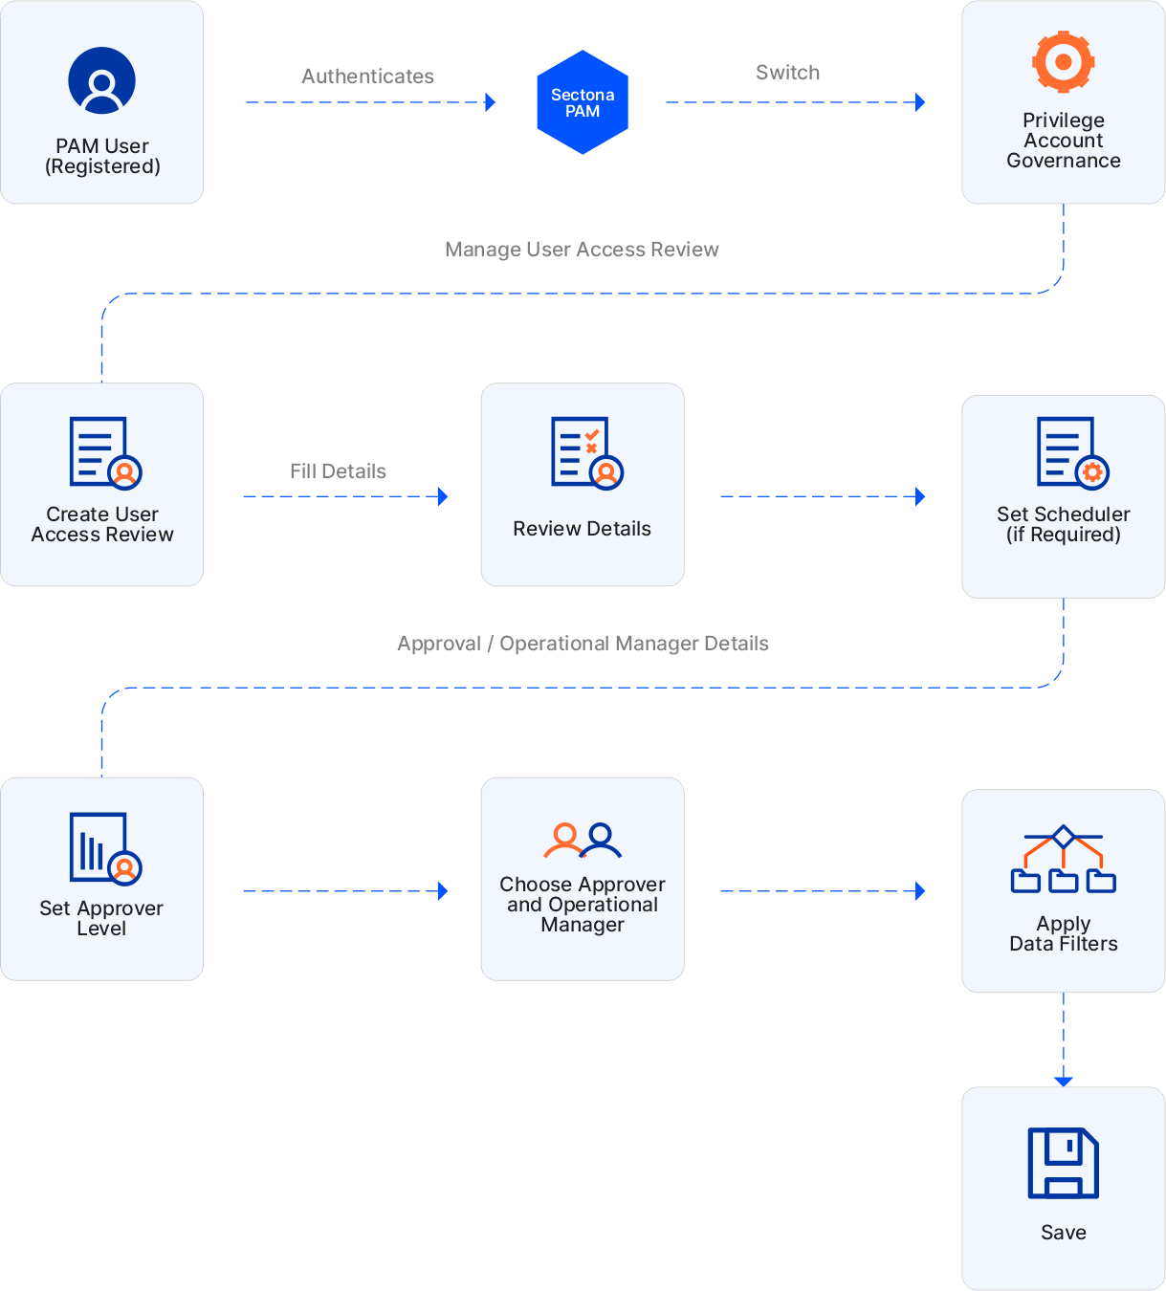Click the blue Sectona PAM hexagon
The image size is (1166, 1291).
[583, 102]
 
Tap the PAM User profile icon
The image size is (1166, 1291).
[102, 80]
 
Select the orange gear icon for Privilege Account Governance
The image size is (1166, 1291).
[1063, 62]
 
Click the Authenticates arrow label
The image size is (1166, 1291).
[368, 77]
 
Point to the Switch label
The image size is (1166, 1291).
[787, 73]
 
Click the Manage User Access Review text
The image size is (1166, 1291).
[582, 250]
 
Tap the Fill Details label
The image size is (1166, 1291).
[338, 471]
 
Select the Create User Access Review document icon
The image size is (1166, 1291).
[104, 452]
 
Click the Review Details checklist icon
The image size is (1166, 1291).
[585, 452]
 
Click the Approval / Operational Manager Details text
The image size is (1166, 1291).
[583, 644]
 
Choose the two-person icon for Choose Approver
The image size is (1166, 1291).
[583, 840]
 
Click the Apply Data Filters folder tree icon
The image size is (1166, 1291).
[1063, 859]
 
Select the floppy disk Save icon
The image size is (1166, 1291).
[1063, 1162]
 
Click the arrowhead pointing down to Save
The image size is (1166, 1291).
[1064, 1081]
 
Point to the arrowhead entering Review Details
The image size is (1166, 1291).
[443, 496]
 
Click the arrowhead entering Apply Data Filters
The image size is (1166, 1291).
[920, 891]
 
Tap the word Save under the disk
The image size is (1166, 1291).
[1063, 1233]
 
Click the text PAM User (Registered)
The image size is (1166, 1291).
[102, 157]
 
